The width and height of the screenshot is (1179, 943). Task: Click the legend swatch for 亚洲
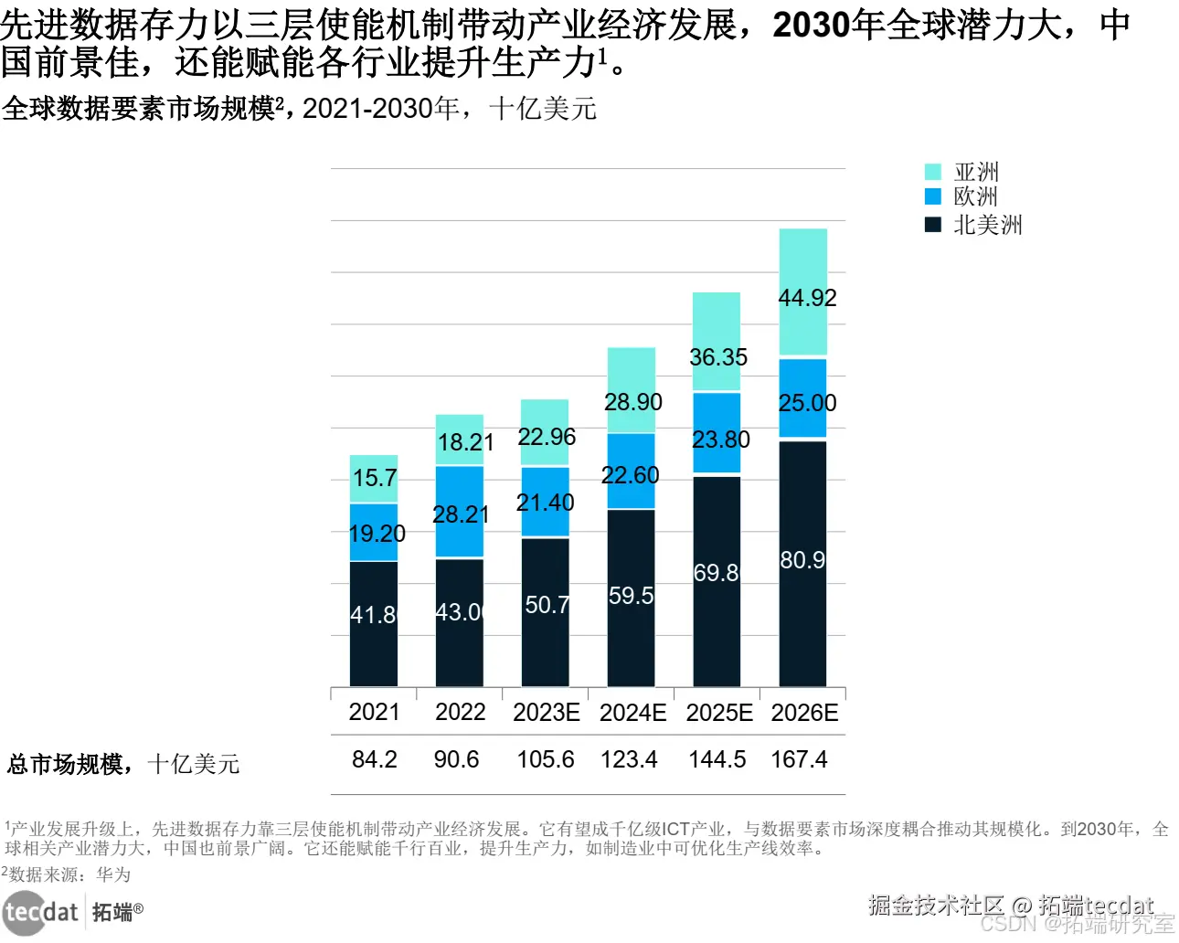[932, 172]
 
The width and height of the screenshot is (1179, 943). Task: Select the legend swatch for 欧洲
[932, 196]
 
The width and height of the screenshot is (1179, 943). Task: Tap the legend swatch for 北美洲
[932, 225]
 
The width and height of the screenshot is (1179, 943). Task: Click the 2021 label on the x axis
[374, 713]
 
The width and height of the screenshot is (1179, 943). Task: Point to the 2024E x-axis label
[632, 713]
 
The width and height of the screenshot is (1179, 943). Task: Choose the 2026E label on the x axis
[804, 713]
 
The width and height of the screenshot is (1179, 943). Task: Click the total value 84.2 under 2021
[375, 759]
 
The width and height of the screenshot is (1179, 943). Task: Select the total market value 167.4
[799, 759]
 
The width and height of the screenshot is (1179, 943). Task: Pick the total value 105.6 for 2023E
[546, 759]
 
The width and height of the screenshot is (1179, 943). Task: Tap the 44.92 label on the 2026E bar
[807, 298]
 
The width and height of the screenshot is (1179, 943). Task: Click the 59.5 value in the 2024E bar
[632, 596]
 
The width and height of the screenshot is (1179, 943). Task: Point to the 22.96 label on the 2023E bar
[547, 437]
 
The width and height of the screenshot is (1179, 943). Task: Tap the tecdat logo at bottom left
[41, 912]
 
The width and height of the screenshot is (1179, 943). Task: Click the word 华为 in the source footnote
[113, 874]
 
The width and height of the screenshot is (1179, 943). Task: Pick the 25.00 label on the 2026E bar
[807, 403]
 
